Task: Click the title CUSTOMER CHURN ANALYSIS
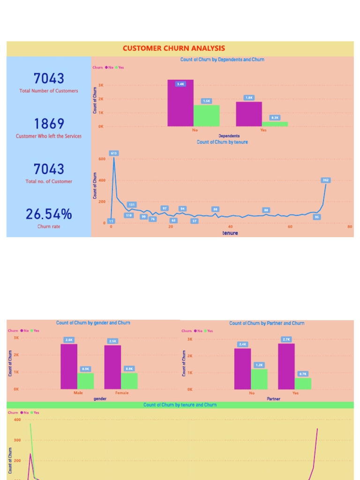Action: [173, 48]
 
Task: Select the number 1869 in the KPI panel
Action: [49, 124]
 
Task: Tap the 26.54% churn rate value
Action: [49, 214]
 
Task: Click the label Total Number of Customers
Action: [49, 91]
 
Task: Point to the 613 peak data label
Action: [114, 153]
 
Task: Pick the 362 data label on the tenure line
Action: [326, 180]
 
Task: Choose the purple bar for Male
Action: [69, 367]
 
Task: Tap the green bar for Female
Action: [129, 381]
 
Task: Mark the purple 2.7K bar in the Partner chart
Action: [286, 367]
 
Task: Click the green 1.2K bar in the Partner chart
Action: [259, 379]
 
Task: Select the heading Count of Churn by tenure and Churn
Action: [180, 405]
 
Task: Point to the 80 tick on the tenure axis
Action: [350, 227]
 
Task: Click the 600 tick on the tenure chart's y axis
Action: [102, 159]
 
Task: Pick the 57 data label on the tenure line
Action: [195, 221]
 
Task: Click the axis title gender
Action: [100, 399]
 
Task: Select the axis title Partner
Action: [274, 399]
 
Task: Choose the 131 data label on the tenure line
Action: [132, 205]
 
